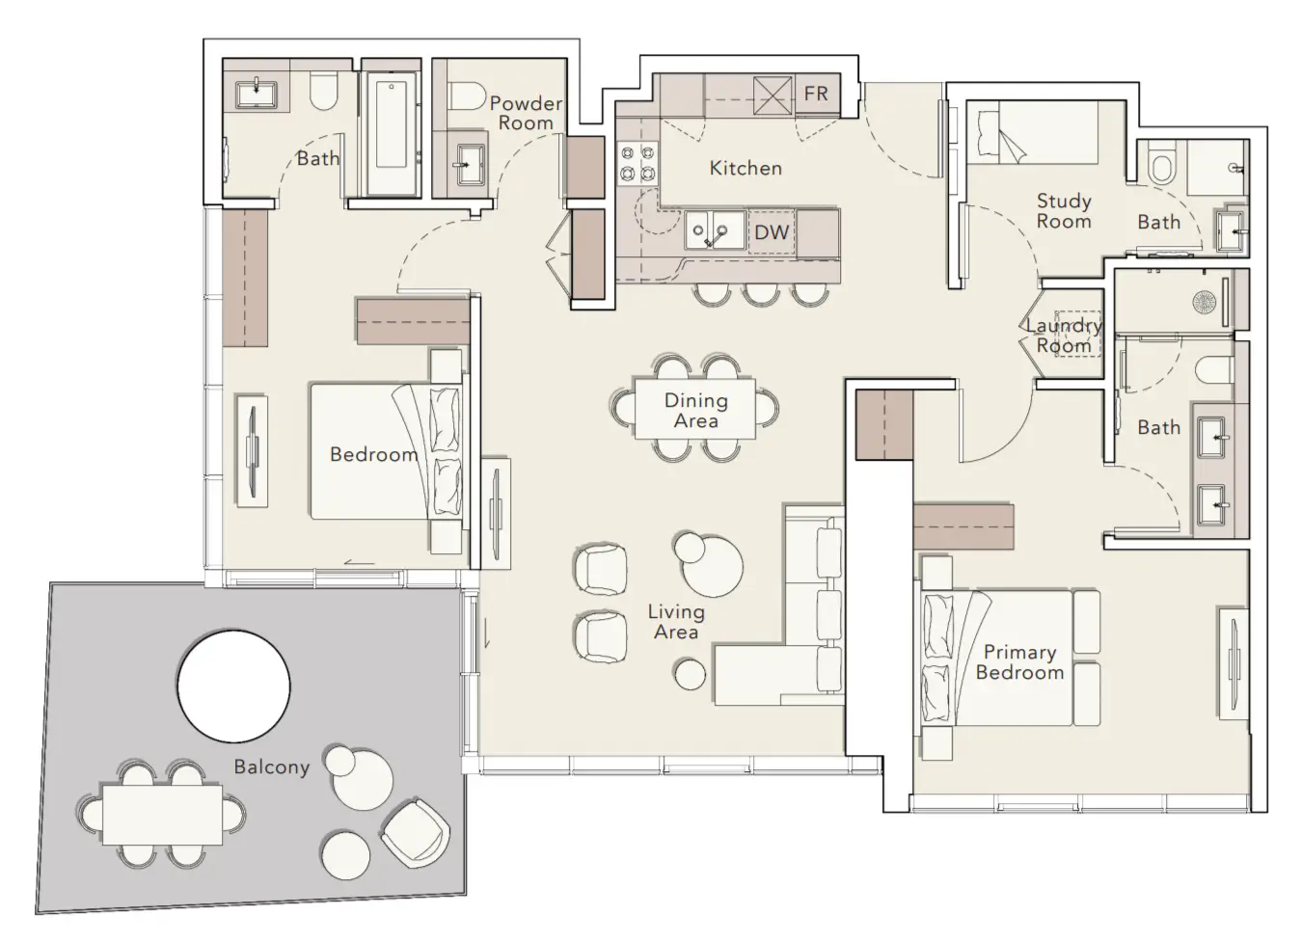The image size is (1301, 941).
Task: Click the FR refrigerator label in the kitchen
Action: coord(816,94)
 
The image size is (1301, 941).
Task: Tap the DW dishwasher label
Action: coord(772,232)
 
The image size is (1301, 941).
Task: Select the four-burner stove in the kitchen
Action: coord(637,163)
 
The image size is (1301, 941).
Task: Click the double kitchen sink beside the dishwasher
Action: coord(715,229)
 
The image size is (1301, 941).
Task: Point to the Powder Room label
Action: coord(527,113)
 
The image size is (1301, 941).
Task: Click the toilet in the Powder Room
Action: coord(467,95)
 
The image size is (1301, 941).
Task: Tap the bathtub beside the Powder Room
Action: coord(392,133)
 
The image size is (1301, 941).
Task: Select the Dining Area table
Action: coord(694,409)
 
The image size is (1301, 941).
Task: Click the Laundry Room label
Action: coord(1064,336)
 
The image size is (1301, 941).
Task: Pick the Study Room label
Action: coord(1064,211)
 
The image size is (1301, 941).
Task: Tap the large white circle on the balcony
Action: coord(233,686)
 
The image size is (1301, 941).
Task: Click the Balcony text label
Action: coord(271,766)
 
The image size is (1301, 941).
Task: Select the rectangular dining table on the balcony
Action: coord(163,815)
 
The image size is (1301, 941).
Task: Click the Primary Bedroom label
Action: coord(1020,662)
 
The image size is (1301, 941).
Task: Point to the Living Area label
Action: coord(676,622)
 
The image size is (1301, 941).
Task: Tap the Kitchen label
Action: coord(745,169)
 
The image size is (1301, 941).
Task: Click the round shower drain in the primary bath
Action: coord(1204,303)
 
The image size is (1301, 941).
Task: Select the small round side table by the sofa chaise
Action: coord(690,674)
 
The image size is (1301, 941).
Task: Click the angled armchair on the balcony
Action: coord(416,834)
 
